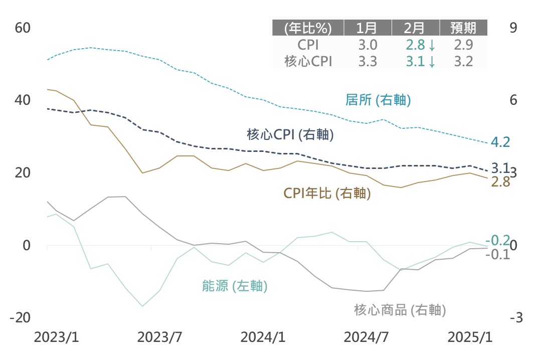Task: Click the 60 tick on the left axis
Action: click(23, 28)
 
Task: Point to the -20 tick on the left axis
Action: click(21, 318)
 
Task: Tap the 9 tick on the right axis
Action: click(513, 28)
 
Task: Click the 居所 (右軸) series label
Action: click(378, 100)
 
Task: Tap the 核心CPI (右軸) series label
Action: click(290, 134)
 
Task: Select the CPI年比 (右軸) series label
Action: click(327, 194)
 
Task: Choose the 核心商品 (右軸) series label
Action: click(400, 310)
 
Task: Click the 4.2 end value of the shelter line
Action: click(500, 142)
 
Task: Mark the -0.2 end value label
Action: click(497, 240)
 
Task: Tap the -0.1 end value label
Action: click(497, 254)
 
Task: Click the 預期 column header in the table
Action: click(463, 28)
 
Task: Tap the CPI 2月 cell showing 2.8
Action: click(420, 45)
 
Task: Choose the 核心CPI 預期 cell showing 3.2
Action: click(463, 61)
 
